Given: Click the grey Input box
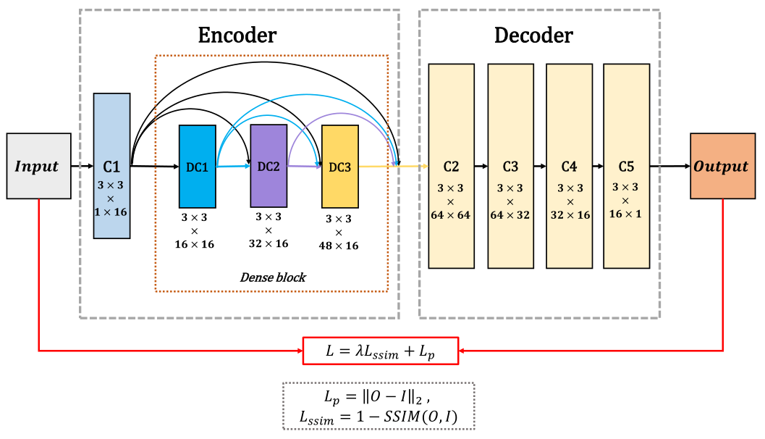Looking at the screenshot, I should tap(38, 166).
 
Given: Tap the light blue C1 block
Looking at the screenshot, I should tap(111, 165).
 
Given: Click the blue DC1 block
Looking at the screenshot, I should tap(197, 167).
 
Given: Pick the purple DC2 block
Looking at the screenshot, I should tap(269, 165).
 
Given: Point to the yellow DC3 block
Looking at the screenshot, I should tap(339, 167).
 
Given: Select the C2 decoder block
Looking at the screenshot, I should tap(451, 166).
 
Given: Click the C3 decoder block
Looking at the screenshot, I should tap(510, 166).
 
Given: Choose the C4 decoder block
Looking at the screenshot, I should tap(569, 166).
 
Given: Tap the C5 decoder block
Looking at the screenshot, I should tap(626, 166).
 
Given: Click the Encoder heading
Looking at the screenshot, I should tap(237, 35).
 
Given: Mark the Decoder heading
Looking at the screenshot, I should tap(533, 35).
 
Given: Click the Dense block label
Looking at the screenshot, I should tap(272, 277).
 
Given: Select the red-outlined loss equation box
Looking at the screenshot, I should tap(380, 351).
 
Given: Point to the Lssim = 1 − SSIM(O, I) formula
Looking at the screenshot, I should tap(378, 417).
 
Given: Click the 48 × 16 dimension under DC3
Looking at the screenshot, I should tap(339, 246).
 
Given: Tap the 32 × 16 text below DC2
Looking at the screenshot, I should tap(269, 243).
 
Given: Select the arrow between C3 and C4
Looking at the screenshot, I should tap(539, 166).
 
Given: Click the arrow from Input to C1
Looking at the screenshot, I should tap(82, 166).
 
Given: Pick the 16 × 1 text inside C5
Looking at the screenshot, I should tap(627, 214).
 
